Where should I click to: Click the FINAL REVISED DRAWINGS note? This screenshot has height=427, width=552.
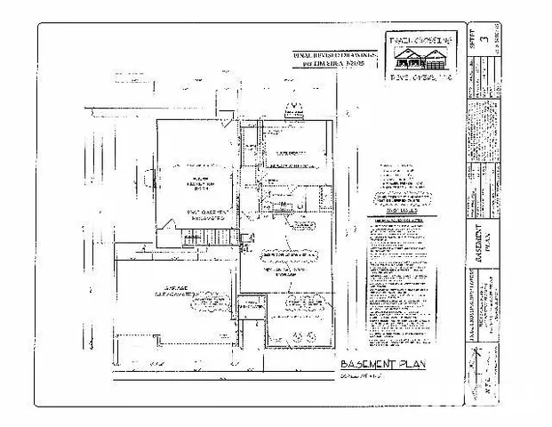[x=335, y=59]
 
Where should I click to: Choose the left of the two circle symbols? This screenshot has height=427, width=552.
[x=296, y=334]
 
